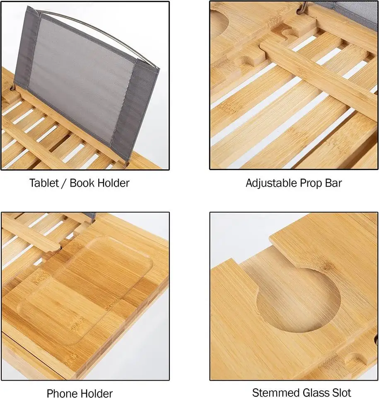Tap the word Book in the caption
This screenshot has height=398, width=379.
[x=83, y=183]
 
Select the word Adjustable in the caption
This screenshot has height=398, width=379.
[x=271, y=183]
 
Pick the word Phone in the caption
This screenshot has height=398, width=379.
[x=62, y=393]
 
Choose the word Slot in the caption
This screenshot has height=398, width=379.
[x=340, y=392]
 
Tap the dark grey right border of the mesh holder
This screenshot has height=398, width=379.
[x=143, y=108]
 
